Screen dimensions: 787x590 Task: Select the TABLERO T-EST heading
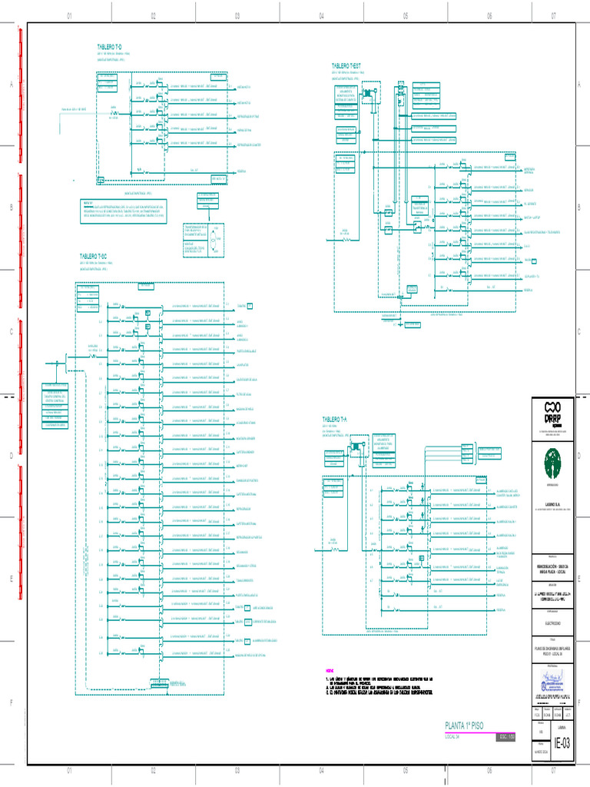coord(346,66)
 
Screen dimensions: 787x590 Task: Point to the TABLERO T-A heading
coord(335,419)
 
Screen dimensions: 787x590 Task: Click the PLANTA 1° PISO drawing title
coord(465,725)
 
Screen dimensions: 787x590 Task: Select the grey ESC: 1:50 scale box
coord(505,736)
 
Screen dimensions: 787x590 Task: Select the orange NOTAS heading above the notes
coord(330,670)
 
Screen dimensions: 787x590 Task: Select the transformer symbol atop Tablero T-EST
coord(371,94)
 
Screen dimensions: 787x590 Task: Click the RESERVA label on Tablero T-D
coord(241,170)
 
